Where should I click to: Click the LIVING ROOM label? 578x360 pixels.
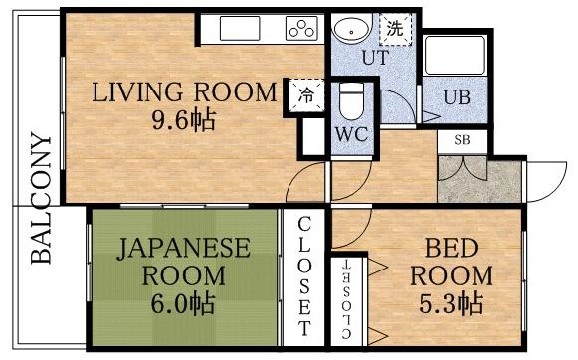(184, 93)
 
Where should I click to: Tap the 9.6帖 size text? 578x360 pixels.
(184, 122)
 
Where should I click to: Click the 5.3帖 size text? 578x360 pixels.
(450, 301)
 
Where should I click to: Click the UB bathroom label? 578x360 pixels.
(454, 96)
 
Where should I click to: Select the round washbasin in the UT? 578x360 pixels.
(348, 29)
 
